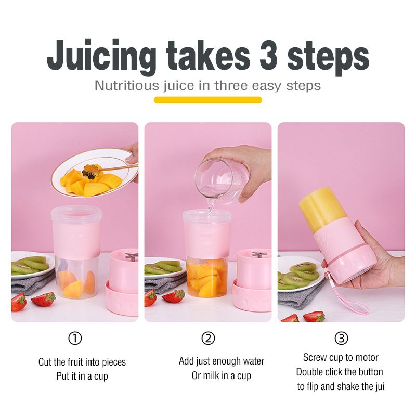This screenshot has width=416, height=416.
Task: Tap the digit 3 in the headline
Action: tap(268, 55)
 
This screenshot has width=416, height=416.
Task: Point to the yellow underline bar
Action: tap(208, 100)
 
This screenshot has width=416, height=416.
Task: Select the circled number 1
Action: tap(75, 339)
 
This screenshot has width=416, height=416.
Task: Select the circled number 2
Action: tap(209, 339)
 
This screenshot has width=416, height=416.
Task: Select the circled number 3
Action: tap(341, 339)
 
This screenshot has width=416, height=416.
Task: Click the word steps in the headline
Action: tap(328, 59)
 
